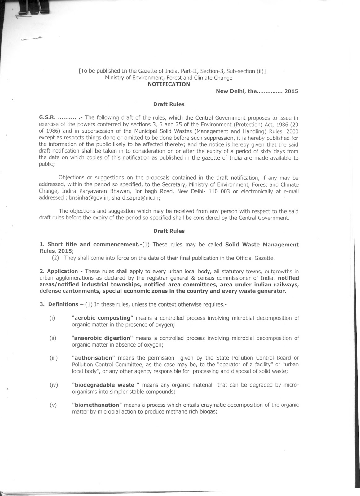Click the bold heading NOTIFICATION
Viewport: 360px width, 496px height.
(169, 84)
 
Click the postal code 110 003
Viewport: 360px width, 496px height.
(219, 191)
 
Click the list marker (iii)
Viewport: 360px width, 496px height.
(54, 358)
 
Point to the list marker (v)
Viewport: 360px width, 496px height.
(53, 405)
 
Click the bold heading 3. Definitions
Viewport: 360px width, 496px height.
(59, 304)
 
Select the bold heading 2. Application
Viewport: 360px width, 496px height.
(59, 271)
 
